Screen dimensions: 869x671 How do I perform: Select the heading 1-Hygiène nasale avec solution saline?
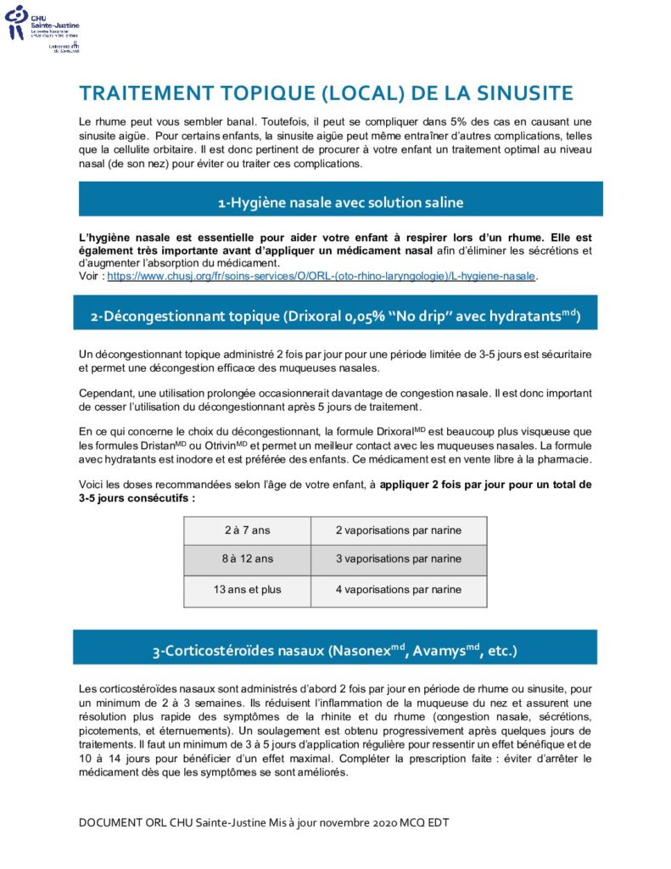340,202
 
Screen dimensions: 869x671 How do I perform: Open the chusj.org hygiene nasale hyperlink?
322,276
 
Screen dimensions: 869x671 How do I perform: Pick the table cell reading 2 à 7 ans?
247,530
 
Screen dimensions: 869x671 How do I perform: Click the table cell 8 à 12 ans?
247,559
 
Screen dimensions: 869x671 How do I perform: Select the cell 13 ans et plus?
247,589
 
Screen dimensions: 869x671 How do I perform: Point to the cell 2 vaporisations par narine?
398,530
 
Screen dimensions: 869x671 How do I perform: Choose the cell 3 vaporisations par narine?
398,559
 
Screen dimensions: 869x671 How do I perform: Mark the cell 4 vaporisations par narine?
398,589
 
